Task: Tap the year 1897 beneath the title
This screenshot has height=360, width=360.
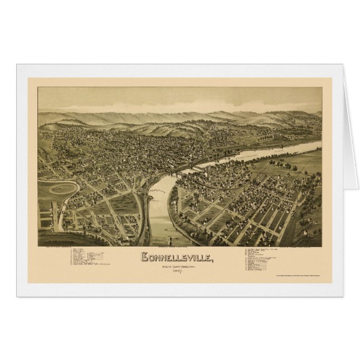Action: [176, 273]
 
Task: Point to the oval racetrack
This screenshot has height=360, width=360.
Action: [63, 188]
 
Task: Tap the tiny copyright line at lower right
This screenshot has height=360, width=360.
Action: [302, 277]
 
